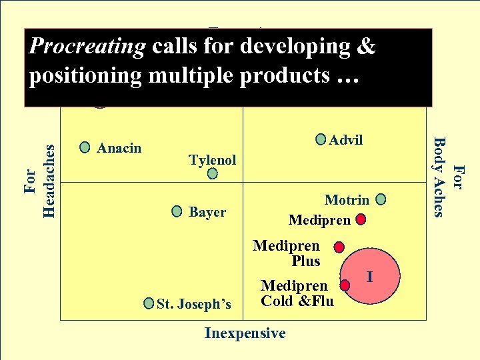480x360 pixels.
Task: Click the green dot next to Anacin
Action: (x=85, y=147)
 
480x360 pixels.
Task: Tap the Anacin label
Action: (x=119, y=148)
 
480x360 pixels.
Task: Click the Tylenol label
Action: (x=213, y=160)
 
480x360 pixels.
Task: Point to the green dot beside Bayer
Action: (x=177, y=212)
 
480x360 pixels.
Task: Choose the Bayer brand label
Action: (x=207, y=213)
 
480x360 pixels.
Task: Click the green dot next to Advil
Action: (x=322, y=139)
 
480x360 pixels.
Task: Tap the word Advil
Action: (x=346, y=140)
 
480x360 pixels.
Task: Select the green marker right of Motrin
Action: (x=381, y=199)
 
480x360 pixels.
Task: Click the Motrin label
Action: (x=347, y=200)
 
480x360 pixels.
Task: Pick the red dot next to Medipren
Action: (x=360, y=219)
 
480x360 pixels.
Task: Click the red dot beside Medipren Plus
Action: (x=339, y=247)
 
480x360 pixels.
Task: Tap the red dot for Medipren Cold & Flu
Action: (x=345, y=285)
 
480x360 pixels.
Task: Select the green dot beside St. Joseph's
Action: (x=149, y=304)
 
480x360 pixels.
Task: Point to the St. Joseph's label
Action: (x=194, y=305)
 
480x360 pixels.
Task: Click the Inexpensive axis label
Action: (x=245, y=333)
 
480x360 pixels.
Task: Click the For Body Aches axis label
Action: (x=447, y=177)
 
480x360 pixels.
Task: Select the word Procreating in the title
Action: (x=88, y=47)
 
